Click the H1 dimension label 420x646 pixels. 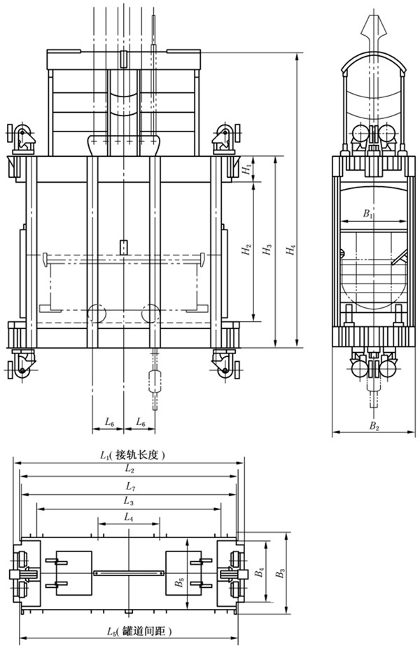[246, 169]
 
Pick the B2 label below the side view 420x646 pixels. [374, 425]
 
